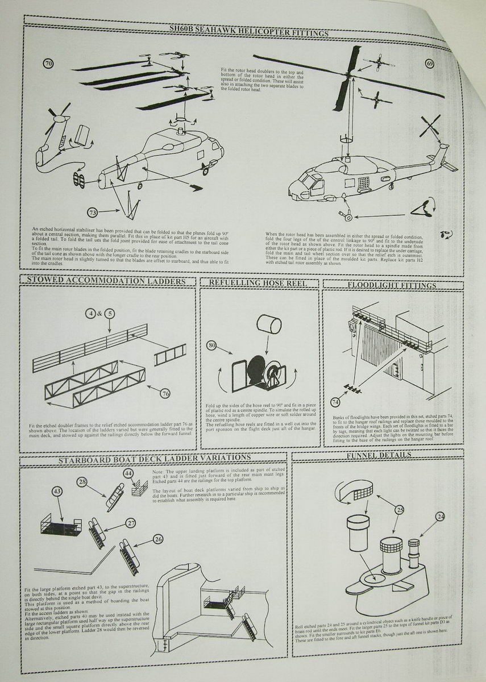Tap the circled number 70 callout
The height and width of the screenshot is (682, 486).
click(48, 64)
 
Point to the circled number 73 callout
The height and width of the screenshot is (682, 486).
click(93, 212)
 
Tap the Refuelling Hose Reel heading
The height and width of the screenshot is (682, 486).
click(259, 282)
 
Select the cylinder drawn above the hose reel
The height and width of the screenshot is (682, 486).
click(269, 326)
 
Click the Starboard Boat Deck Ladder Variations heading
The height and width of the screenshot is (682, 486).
click(154, 457)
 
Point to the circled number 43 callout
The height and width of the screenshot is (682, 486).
click(57, 491)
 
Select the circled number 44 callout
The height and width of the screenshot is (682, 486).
click(129, 473)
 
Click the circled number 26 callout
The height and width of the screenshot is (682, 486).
click(159, 538)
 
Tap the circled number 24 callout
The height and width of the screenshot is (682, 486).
click(440, 516)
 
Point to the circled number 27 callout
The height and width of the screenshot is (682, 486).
click(131, 522)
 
